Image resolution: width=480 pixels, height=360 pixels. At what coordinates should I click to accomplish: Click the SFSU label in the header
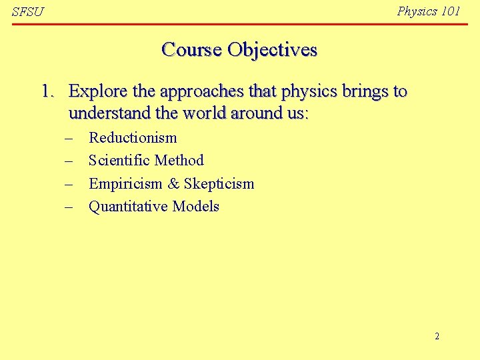click(x=27, y=13)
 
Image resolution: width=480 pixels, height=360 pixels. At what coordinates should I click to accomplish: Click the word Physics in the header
click(x=417, y=11)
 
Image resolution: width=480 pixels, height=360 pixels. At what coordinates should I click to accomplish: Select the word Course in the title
click(x=191, y=49)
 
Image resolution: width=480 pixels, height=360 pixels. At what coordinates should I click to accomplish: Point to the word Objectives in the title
click(x=272, y=50)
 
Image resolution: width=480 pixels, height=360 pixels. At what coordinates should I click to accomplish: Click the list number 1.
click(x=47, y=91)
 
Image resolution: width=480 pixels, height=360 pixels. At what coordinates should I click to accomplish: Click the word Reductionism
click(x=133, y=138)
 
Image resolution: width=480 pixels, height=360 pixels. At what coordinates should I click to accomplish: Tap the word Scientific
click(x=119, y=161)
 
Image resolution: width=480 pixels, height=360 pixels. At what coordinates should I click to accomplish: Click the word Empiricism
click(x=125, y=184)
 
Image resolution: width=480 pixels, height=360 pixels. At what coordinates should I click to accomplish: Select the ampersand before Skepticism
click(x=173, y=183)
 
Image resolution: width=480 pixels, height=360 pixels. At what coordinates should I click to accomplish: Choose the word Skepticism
click(x=219, y=184)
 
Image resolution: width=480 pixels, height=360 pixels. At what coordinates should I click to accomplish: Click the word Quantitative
click(x=128, y=207)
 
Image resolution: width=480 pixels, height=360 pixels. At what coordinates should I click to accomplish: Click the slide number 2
click(x=437, y=336)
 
